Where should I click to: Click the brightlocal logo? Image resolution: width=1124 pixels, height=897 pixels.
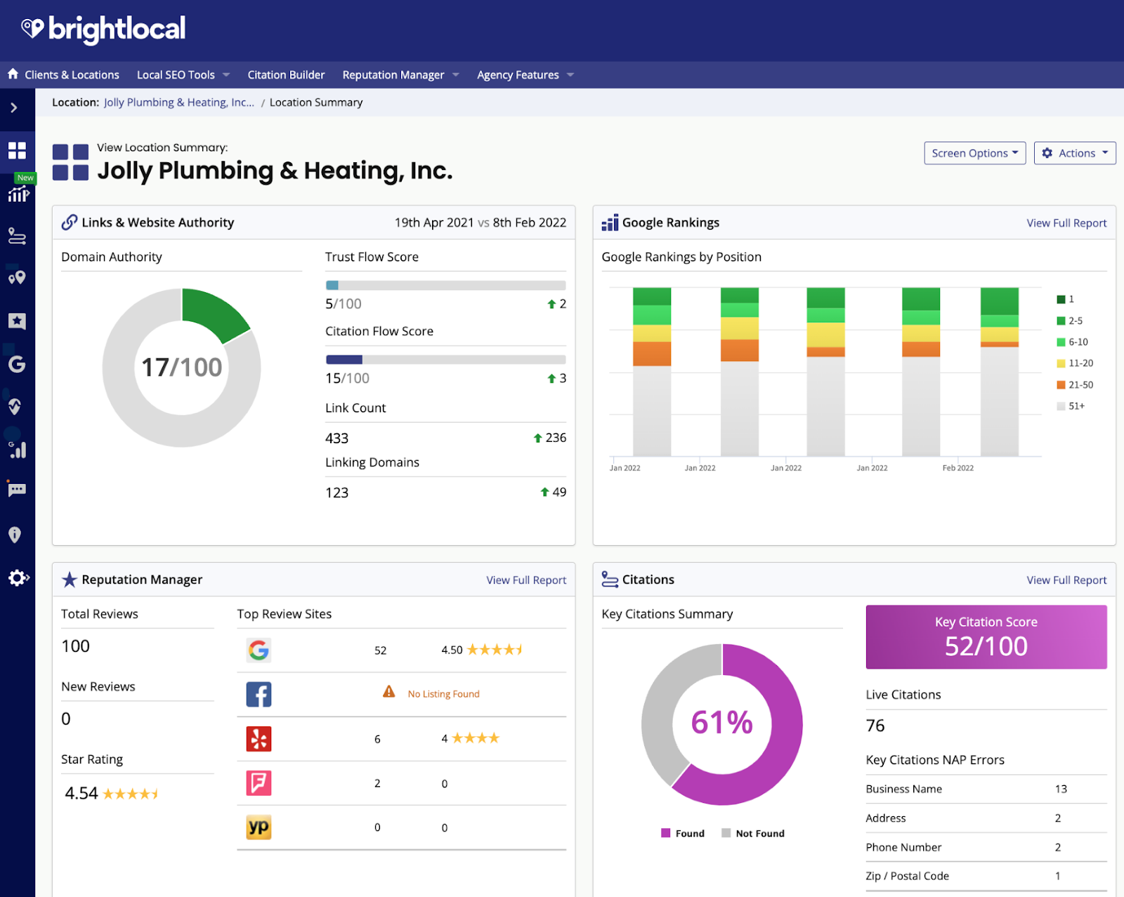click(x=103, y=29)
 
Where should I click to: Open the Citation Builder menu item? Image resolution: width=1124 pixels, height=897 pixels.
click(x=286, y=74)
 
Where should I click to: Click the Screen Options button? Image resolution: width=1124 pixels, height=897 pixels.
click(x=974, y=153)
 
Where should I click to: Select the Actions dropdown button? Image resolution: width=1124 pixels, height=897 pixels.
click(x=1075, y=153)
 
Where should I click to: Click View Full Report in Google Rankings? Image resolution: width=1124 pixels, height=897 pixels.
click(x=1066, y=223)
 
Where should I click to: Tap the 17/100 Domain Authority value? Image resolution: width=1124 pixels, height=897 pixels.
click(x=181, y=367)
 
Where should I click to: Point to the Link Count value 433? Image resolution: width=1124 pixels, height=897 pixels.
click(x=337, y=438)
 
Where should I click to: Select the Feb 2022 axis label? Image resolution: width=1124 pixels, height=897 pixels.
click(x=958, y=468)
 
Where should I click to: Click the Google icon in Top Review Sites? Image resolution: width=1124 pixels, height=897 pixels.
click(x=259, y=650)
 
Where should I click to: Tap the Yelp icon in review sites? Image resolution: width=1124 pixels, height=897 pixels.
click(x=259, y=739)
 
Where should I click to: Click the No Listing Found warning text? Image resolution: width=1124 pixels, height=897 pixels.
click(x=443, y=694)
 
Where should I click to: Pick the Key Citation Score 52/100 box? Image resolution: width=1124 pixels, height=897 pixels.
click(x=986, y=636)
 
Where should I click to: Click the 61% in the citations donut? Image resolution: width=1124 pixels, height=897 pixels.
click(x=721, y=723)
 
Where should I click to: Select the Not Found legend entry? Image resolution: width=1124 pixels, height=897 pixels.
click(x=759, y=834)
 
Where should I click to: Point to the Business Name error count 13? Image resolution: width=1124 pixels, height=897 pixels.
click(x=1061, y=789)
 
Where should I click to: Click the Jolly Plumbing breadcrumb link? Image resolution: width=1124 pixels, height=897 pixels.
click(x=178, y=103)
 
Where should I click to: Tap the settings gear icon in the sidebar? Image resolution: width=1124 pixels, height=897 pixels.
click(x=18, y=578)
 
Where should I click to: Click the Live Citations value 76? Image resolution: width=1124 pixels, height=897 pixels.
click(x=875, y=726)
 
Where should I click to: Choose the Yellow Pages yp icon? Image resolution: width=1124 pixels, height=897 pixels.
click(x=259, y=827)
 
